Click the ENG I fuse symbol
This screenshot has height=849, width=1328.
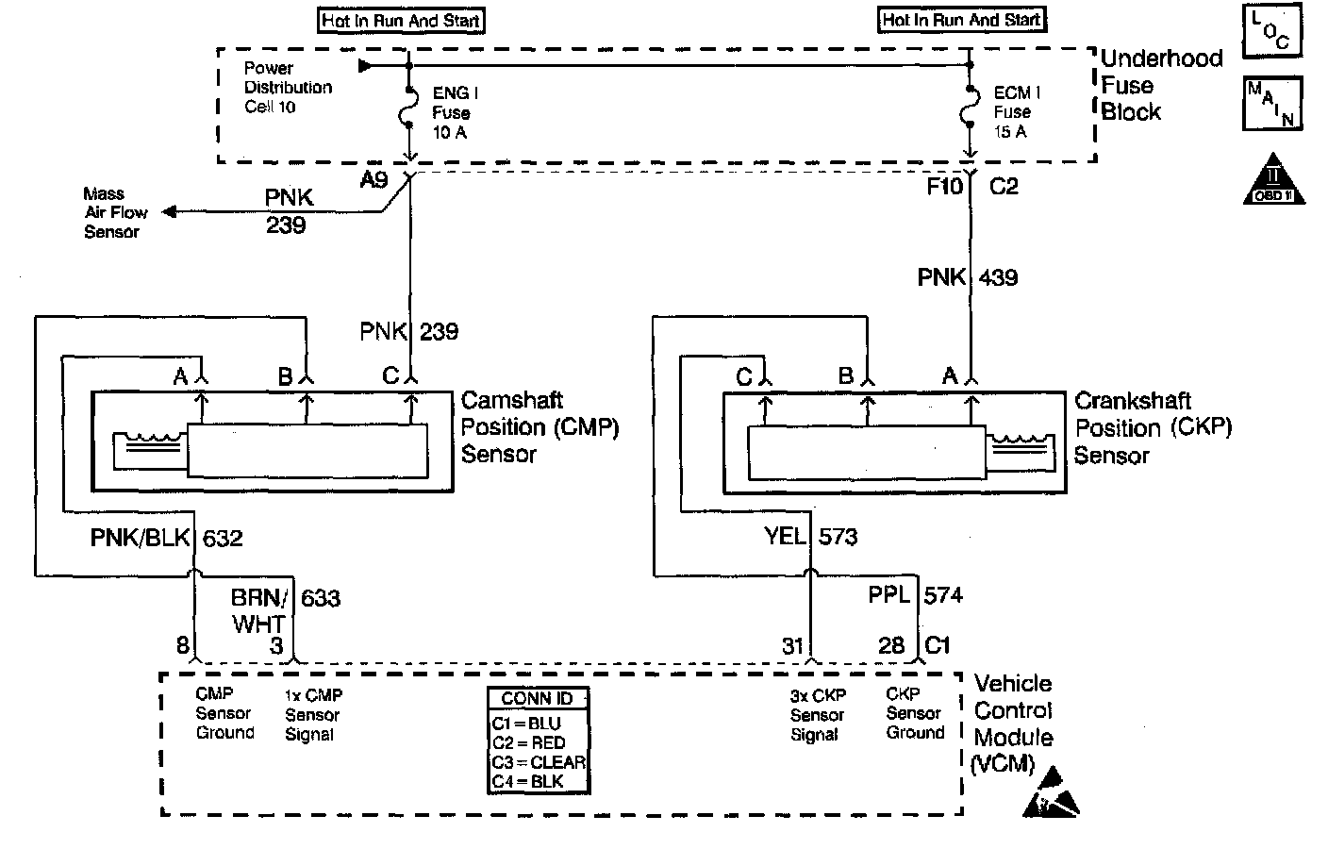pyautogui.click(x=407, y=108)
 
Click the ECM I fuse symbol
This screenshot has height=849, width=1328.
pyautogui.click(x=969, y=108)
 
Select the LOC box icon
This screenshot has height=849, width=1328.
pyautogui.click(x=1271, y=30)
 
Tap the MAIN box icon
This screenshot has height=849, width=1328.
pyautogui.click(x=1272, y=103)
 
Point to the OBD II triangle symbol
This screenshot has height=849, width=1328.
pyautogui.click(x=1273, y=180)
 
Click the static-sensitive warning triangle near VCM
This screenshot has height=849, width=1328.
pyautogui.click(x=1051, y=792)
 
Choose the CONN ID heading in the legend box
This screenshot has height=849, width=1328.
pyautogui.click(x=537, y=698)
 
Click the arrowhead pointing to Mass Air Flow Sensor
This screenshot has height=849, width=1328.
pyautogui.click(x=169, y=211)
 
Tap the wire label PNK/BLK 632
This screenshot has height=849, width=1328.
pyautogui.click(x=167, y=538)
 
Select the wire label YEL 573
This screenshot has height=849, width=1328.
pyautogui.click(x=810, y=537)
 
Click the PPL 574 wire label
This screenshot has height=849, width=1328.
pyautogui.click(x=916, y=594)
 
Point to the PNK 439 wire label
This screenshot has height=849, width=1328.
pyautogui.click(x=968, y=277)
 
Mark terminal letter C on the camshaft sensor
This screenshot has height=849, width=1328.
pyautogui.click(x=390, y=375)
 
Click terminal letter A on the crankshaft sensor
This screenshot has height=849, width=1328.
pyautogui.click(x=950, y=375)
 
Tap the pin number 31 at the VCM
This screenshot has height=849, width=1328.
pyautogui.click(x=792, y=645)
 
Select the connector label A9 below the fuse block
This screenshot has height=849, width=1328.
pyautogui.click(x=374, y=179)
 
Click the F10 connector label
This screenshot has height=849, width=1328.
pyautogui.click(x=944, y=187)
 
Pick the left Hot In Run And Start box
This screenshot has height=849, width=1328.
pyautogui.click(x=401, y=21)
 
